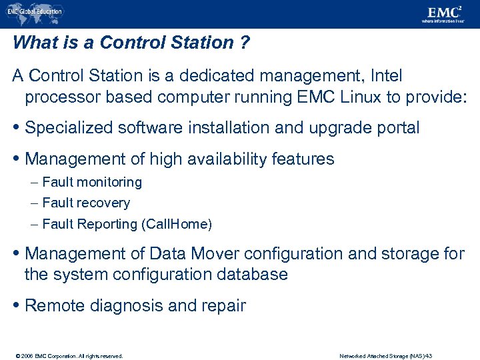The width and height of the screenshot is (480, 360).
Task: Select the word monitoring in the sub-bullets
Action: coord(109,182)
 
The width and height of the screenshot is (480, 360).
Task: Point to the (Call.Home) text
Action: coord(177,224)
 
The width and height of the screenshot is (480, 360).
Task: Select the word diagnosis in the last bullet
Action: coord(125,306)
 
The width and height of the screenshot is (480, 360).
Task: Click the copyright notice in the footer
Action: coord(67,355)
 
